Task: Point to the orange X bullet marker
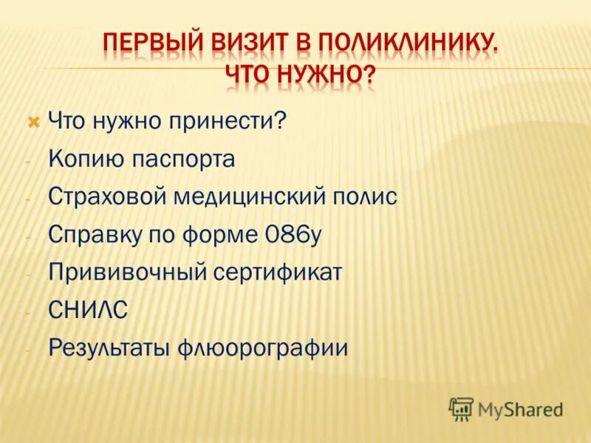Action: pyautogui.click(x=32, y=120)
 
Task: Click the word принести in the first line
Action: pyautogui.click(x=245, y=120)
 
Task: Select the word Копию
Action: pyautogui.click(x=82, y=159)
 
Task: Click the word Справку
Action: pyautogui.click(x=93, y=235)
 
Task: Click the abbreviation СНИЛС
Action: pyautogui.click(x=88, y=310)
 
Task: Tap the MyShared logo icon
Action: pyautogui.click(x=461, y=408)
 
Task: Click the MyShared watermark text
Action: pyautogui.click(x=520, y=409)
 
